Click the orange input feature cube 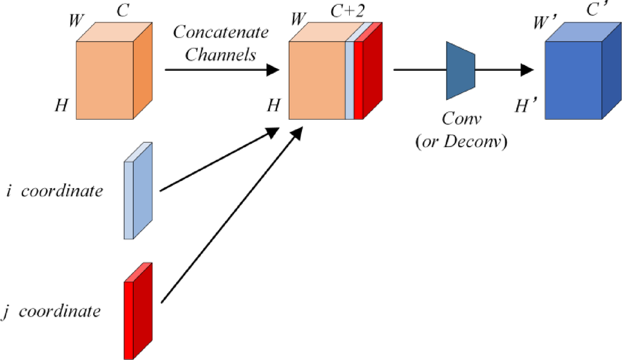point(106,79)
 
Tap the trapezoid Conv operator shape point(460,70)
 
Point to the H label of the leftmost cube point(61,106)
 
